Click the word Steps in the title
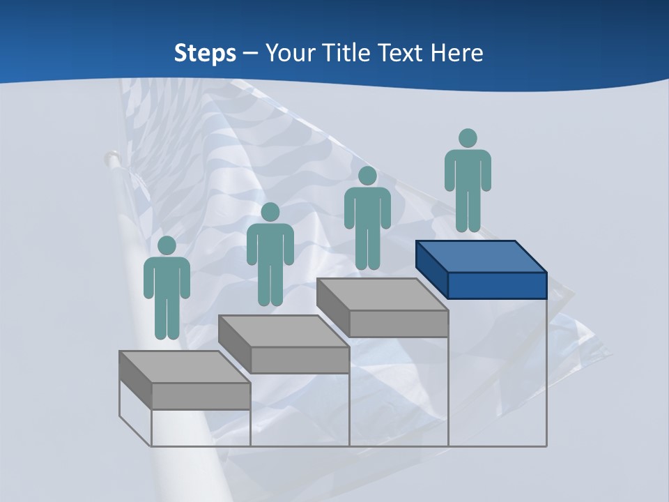[205, 53]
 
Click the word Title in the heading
[348, 53]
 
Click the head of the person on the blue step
[468, 138]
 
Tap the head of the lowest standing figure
[167, 245]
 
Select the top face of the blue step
[481, 256]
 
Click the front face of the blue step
[497, 285]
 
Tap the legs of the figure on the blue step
[468, 209]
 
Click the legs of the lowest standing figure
[167, 317]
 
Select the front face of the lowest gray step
[201, 396]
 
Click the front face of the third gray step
[399, 324]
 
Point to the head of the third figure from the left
[367, 176]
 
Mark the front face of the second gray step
[300, 360]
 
